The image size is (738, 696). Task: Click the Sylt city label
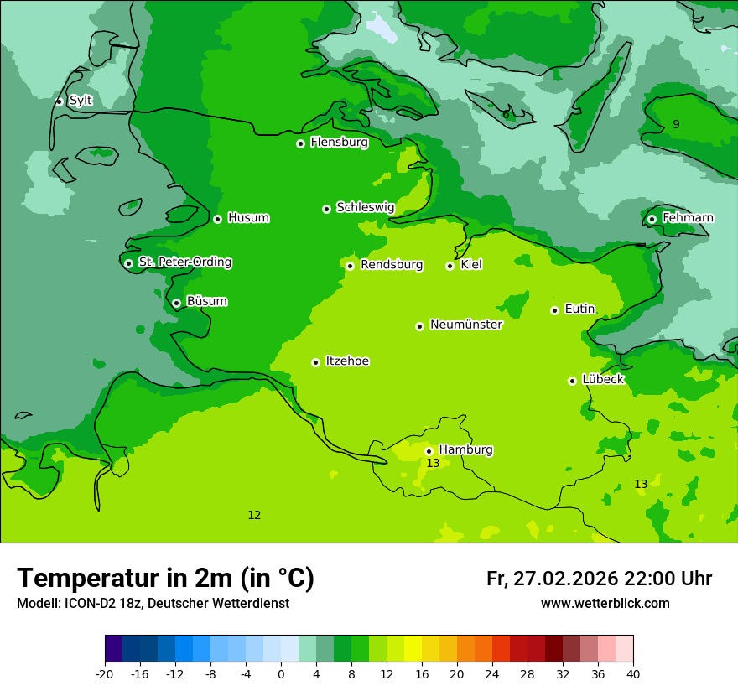coord(81,101)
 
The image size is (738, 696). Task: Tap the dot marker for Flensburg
coord(300,143)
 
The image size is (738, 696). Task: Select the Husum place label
coord(248,218)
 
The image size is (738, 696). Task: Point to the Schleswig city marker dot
coord(326,209)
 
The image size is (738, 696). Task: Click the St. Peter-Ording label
coord(184,262)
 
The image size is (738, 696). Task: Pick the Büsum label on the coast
coord(206,301)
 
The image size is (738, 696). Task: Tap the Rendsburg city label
coord(392,265)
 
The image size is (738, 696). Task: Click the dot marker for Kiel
coord(450,267)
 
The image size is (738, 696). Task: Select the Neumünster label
coord(466,325)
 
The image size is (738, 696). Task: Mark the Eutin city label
coord(579,309)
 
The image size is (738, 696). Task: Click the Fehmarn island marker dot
coord(652,219)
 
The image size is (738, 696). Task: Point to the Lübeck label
coord(602,379)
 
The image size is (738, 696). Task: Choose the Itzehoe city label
coord(347,361)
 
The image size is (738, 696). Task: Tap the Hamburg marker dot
coord(429,451)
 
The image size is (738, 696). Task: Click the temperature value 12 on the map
coord(254,515)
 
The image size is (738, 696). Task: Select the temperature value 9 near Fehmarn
coord(676,125)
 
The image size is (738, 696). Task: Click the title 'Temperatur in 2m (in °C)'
coord(165,578)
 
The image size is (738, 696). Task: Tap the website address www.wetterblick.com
coord(605,604)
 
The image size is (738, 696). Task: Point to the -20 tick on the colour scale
coord(105,674)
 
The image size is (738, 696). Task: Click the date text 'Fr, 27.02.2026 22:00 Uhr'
coord(599,579)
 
